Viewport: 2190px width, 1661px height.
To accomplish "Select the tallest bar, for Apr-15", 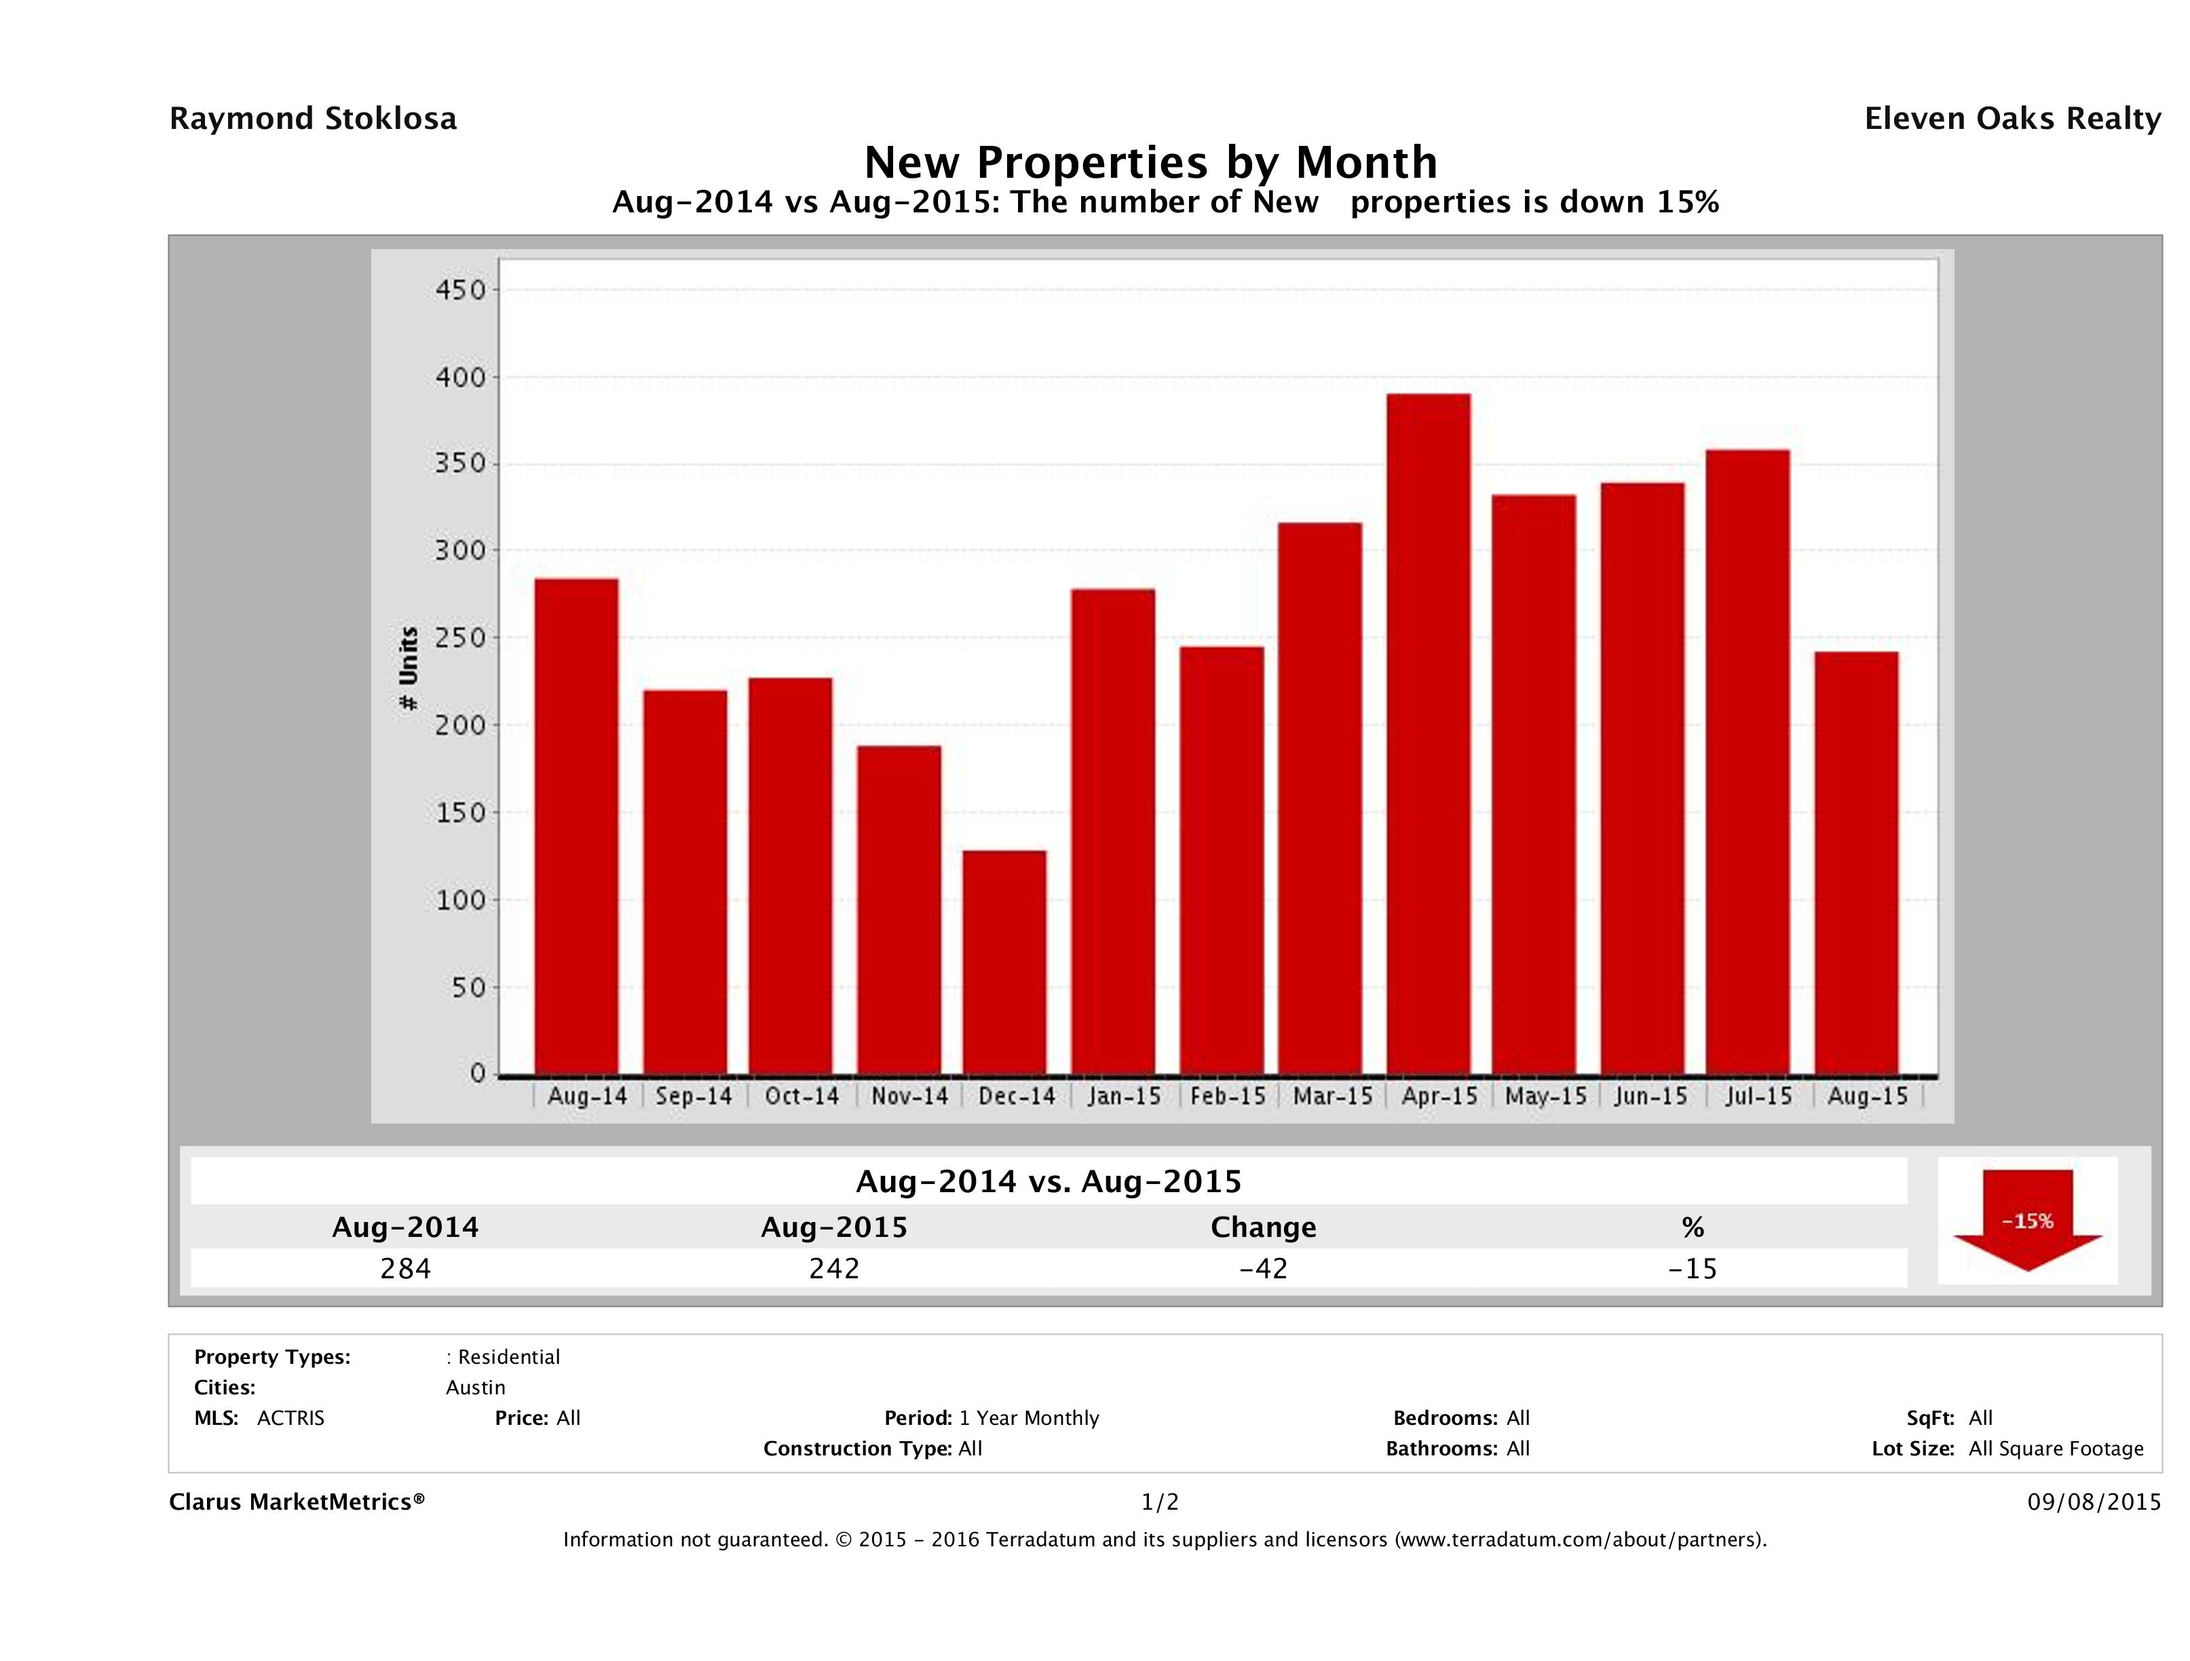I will pyautogui.click(x=1428, y=733).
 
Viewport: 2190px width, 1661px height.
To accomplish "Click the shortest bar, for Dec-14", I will pyautogui.click(x=1004, y=961).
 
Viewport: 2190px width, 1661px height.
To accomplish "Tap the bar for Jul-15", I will pyautogui.click(x=1748, y=761).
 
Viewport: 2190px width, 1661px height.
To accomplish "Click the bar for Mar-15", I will pyautogui.click(x=1320, y=798).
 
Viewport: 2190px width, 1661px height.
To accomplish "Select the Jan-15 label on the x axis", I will pyautogui.click(x=1124, y=1096).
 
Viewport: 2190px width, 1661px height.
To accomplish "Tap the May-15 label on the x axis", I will pyautogui.click(x=1545, y=1096).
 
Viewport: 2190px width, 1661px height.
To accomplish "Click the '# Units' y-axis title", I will pyautogui.click(x=408, y=669).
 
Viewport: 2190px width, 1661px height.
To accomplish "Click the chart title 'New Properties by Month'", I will pyautogui.click(x=1150, y=161).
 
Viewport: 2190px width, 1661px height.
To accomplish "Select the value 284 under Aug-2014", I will pyautogui.click(x=406, y=1268).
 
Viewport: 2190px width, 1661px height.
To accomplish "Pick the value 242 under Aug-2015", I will pyautogui.click(x=833, y=1268).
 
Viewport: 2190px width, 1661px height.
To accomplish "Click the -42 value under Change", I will pyautogui.click(x=1264, y=1268).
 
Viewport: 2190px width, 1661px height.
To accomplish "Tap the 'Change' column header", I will pyautogui.click(x=1264, y=1227).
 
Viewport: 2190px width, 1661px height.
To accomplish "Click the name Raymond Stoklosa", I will pyautogui.click(x=313, y=119).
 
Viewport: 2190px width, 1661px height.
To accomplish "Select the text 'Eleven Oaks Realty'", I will pyautogui.click(x=2012, y=119).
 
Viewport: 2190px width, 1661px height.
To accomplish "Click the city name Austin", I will pyautogui.click(x=475, y=1388).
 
